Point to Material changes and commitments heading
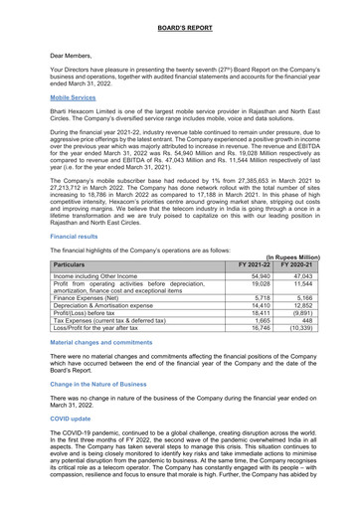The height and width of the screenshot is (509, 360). [111, 370]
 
